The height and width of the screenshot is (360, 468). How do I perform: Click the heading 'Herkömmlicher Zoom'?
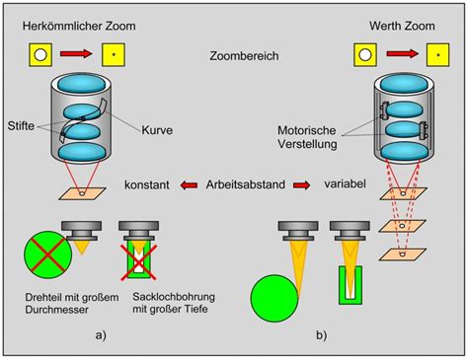tap(79, 26)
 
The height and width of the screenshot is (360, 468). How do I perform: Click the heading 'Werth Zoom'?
tap(402, 26)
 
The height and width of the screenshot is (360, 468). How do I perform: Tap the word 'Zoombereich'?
tap(244, 56)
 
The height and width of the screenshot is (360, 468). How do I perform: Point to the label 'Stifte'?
tap(21, 125)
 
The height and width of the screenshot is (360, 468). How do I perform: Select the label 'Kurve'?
tap(157, 130)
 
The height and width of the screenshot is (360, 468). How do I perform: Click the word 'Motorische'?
tap(307, 130)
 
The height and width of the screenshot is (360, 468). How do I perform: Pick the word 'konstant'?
tap(147, 184)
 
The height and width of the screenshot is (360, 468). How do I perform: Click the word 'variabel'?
tap(345, 183)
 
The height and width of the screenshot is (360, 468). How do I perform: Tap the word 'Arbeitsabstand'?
tap(246, 184)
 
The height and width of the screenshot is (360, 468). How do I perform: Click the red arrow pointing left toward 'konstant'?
tap(189, 185)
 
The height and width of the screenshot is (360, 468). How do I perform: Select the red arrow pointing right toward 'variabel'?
tap(301, 185)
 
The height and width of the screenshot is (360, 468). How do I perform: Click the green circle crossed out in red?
tap(47, 254)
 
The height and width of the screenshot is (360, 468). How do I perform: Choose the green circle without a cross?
tap(274, 298)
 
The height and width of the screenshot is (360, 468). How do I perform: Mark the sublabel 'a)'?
tap(101, 335)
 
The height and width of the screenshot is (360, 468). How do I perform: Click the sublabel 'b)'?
tap(321, 335)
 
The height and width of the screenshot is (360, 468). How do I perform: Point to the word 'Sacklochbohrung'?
tap(174, 297)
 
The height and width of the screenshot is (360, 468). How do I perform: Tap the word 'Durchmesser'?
tap(57, 310)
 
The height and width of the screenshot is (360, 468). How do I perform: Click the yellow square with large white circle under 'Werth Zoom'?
tap(365, 55)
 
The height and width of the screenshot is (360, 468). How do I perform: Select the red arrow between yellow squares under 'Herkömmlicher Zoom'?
tap(76, 53)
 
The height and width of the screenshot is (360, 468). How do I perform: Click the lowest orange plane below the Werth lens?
tap(403, 254)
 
